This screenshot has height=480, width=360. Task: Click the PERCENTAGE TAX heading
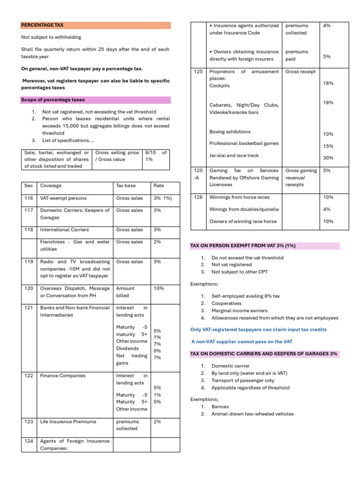click(x=43, y=25)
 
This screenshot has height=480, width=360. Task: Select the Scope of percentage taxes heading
click(x=52, y=100)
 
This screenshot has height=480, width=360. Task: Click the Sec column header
click(x=28, y=186)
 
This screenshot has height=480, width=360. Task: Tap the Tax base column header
click(x=126, y=186)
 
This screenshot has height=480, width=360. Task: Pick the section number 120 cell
click(x=28, y=288)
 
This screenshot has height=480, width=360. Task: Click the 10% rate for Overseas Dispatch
click(x=158, y=288)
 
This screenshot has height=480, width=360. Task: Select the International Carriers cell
click(x=64, y=230)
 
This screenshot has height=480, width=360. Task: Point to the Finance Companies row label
click(x=63, y=375)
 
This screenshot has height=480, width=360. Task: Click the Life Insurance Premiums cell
click(x=68, y=421)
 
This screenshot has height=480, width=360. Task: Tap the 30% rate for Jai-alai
click(x=328, y=158)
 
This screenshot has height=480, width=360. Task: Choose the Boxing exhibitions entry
click(x=230, y=132)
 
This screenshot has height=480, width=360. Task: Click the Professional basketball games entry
click(x=244, y=143)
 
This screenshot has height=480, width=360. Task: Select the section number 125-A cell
click(x=198, y=174)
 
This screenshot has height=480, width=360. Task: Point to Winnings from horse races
click(x=240, y=197)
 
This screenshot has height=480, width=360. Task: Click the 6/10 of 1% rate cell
click(x=156, y=156)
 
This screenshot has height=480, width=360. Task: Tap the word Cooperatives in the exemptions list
click(x=226, y=303)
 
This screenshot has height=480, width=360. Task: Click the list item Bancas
click(x=220, y=407)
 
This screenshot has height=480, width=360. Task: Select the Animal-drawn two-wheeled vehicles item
click(x=253, y=414)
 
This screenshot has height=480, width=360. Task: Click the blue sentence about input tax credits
click(x=258, y=330)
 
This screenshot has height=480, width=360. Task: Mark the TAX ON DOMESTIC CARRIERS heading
click(x=264, y=354)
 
